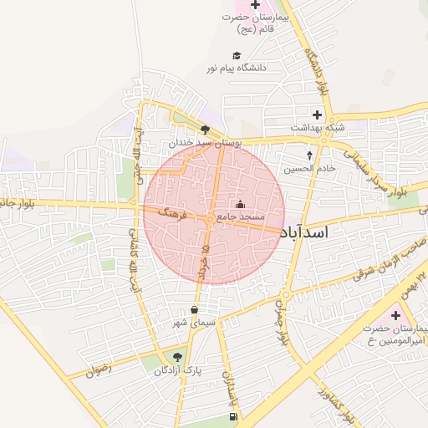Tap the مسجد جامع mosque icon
pos(240,204)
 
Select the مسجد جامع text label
pos(241,217)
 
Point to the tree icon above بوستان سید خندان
pos(206,129)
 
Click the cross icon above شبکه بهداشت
pos(317,115)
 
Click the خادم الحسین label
pos(308,168)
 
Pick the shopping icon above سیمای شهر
pos(195,309)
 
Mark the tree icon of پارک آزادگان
pos(176,357)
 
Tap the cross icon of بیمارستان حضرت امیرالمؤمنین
pos(395,315)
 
